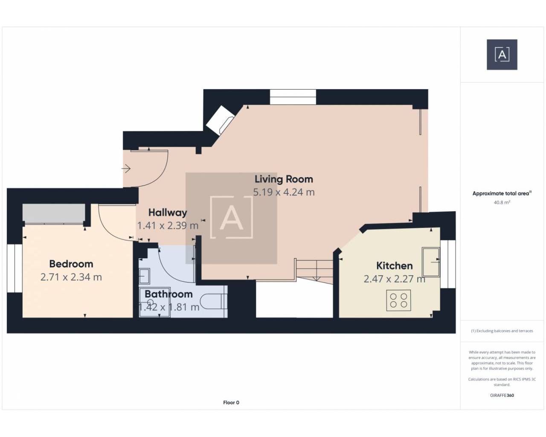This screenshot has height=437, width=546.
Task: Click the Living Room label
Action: pos(284,179)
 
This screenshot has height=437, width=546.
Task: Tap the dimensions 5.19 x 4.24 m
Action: pos(284,192)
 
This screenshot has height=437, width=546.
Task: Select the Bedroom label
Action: pos(71,264)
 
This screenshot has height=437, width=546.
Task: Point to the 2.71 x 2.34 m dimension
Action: pos(71,277)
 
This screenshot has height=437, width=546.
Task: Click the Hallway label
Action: pos(168,213)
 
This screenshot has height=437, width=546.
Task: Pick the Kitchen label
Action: pos(394,266)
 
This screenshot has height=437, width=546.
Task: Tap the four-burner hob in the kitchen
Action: pos(398,300)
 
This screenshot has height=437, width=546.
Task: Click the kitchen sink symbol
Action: pos(430,262)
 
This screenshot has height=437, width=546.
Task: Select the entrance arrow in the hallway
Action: pos(126,168)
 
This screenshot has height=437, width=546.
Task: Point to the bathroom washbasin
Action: pos(144,276)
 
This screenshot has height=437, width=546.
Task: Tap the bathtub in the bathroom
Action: pos(214,302)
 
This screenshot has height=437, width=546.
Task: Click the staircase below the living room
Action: pos(315,271)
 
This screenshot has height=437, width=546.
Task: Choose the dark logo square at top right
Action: pos(502,55)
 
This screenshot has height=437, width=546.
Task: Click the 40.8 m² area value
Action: pos(502,202)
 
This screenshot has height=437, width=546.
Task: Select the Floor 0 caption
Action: pos(231,402)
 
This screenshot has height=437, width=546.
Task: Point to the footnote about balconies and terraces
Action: pos(502,331)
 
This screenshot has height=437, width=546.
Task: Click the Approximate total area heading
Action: pos(502,193)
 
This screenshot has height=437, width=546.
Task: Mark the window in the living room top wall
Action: pos(293,97)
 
